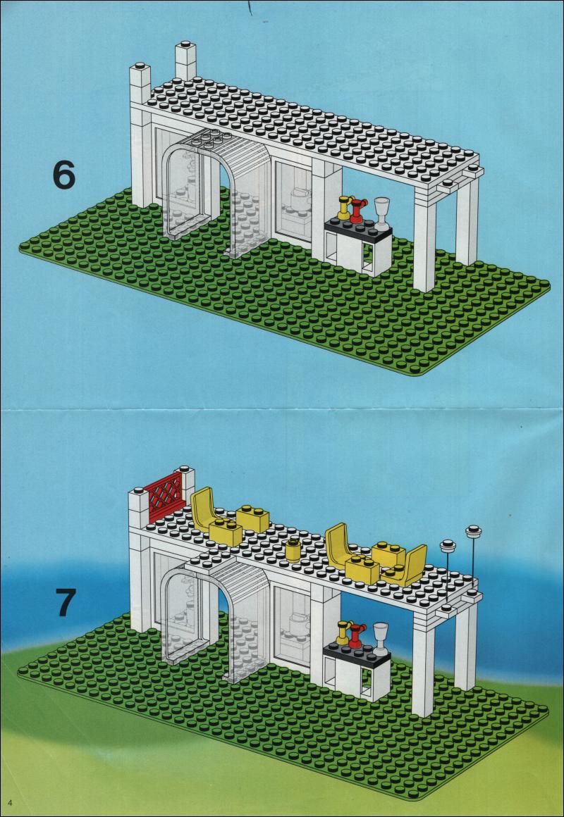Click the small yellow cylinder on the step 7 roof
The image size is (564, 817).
pos(293,551)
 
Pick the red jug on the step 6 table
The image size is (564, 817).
pos(357,211)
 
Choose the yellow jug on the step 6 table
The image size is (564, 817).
pos(344,207)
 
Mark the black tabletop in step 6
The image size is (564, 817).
pos(358,227)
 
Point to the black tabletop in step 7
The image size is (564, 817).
pos(357,652)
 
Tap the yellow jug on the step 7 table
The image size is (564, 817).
pos(343,632)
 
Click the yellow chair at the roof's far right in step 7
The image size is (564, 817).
pos(406,566)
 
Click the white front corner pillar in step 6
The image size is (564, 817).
pos(424,242)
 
